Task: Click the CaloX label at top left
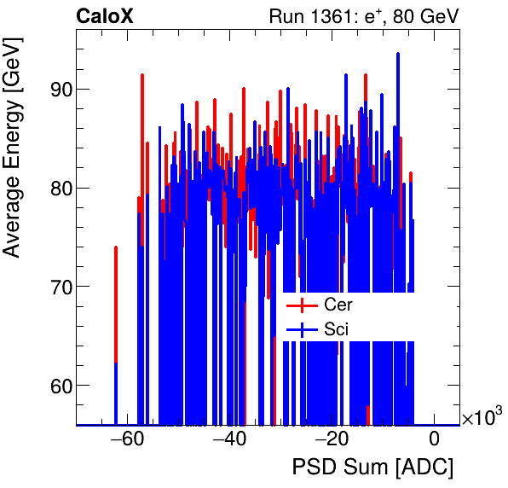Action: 104,16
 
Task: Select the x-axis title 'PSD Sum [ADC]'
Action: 373,468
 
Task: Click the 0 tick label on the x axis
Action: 434,439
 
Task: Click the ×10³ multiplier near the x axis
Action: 482,417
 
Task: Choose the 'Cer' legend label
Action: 338,305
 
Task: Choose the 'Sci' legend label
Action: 337,328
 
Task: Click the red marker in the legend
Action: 301,305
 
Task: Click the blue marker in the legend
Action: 301,328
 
